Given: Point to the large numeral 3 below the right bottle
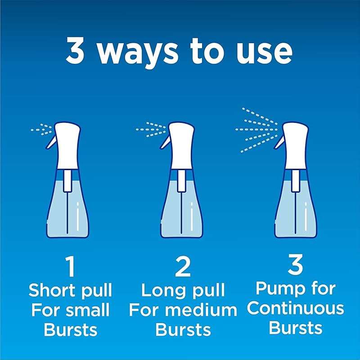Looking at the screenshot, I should coord(295,266).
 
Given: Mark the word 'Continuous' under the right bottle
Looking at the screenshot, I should coord(295,308).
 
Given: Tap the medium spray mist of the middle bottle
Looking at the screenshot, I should coord(150,130).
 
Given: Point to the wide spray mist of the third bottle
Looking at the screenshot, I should coord(256,129).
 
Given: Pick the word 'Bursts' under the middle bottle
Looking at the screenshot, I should coord(183,329).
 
